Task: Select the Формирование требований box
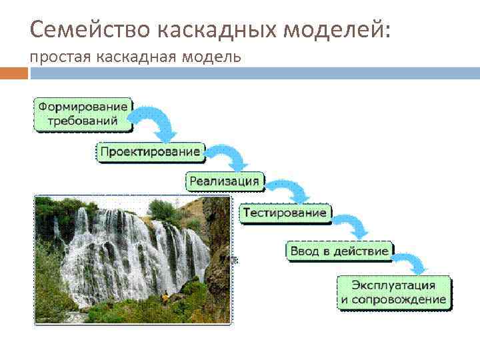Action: coord(83,114)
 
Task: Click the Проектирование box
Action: coord(149,152)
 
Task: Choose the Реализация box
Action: coord(224,181)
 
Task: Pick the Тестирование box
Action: coord(285,213)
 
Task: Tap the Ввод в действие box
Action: coord(339,251)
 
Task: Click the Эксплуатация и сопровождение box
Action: coord(393,293)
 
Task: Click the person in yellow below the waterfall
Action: coord(165,297)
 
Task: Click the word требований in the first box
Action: coord(83,121)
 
